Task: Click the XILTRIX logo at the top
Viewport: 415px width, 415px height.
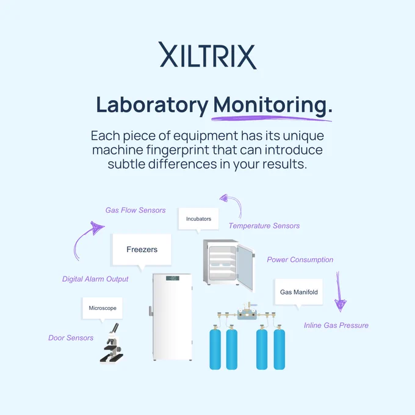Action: click(208, 56)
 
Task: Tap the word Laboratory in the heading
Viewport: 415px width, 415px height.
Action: click(152, 106)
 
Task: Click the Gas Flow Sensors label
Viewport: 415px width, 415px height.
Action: click(135, 210)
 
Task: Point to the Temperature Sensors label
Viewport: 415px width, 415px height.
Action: click(264, 226)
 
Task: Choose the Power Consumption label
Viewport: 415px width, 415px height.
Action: click(300, 259)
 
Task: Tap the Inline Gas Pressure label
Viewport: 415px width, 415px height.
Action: click(336, 325)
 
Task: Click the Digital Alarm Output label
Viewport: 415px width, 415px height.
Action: click(95, 279)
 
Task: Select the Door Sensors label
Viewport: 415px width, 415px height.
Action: click(71, 337)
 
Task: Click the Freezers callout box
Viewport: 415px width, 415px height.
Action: click(142, 250)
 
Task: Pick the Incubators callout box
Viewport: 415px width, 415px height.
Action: click(198, 219)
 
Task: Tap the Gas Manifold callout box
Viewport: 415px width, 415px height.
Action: click(299, 292)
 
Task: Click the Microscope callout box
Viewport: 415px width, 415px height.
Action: click(103, 308)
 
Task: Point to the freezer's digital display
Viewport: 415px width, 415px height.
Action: click(173, 278)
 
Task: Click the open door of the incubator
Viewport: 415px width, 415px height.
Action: click(245, 267)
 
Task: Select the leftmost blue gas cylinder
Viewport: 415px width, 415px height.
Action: click(215, 348)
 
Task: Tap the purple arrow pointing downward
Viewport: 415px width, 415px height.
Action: click(339, 292)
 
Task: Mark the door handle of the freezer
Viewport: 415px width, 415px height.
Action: click(151, 311)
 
